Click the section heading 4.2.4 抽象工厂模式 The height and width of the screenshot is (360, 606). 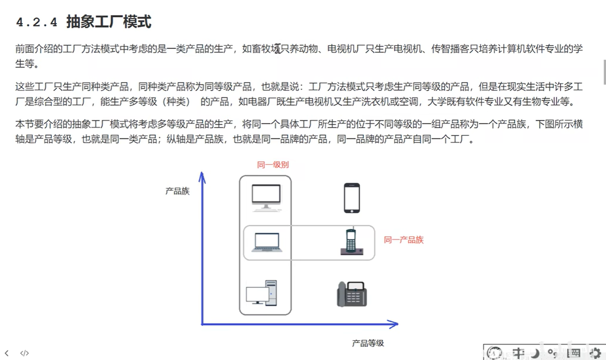(83, 22)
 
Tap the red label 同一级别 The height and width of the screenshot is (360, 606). (273, 165)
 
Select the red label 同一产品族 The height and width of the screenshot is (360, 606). (404, 240)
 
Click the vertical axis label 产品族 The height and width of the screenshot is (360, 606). (177, 191)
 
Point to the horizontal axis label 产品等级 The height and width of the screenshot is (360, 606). (368, 344)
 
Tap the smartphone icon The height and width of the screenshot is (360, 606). (352, 198)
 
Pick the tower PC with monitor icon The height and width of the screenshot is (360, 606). (262, 292)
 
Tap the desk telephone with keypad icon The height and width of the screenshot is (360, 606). (352, 294)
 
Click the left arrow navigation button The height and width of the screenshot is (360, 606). (7, 354)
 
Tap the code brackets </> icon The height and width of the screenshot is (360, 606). (24, 354)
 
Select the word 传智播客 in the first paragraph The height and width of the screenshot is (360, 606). (447, 49)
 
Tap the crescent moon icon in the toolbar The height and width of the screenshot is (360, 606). (536, 353)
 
